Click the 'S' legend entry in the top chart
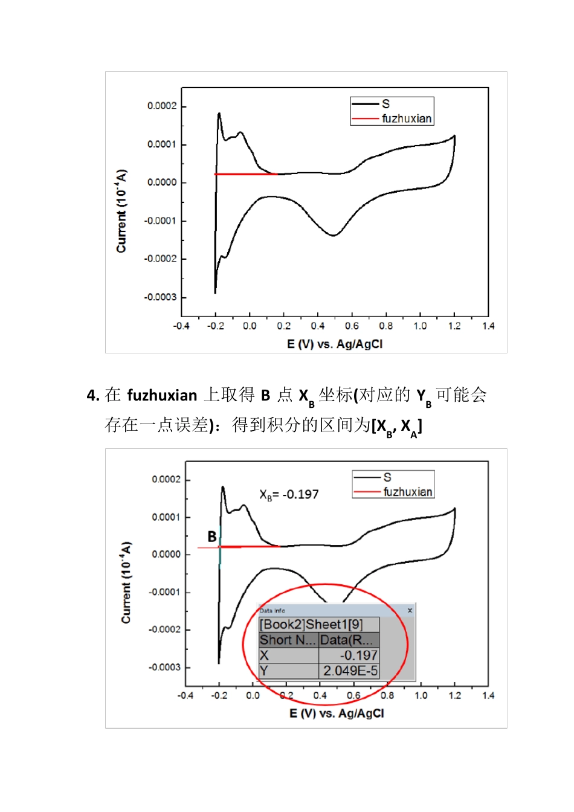click(385, 104)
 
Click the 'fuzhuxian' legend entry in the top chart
click(406, 118)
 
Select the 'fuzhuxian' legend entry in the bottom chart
click(408, 492)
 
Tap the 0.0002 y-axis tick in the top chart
click(162, 106)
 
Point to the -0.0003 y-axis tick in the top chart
click(160, 297)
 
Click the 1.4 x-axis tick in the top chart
click(488, 326)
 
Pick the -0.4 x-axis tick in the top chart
click(181, 326)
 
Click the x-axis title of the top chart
click(334, 344)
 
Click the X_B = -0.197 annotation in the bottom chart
click(289, 494)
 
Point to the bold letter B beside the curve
click(212, 536)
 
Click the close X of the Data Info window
click(410, 610)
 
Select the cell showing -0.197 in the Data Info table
click(349, 656)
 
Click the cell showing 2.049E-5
click(349, 671)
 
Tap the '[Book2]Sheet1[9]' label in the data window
click(311, 625)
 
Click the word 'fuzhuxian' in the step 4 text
click(162, 395)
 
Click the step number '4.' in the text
click(92, 396)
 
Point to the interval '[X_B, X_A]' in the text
click(396, 427)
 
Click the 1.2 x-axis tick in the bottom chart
click(454, 695)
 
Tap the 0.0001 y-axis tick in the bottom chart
click(166, 517)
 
